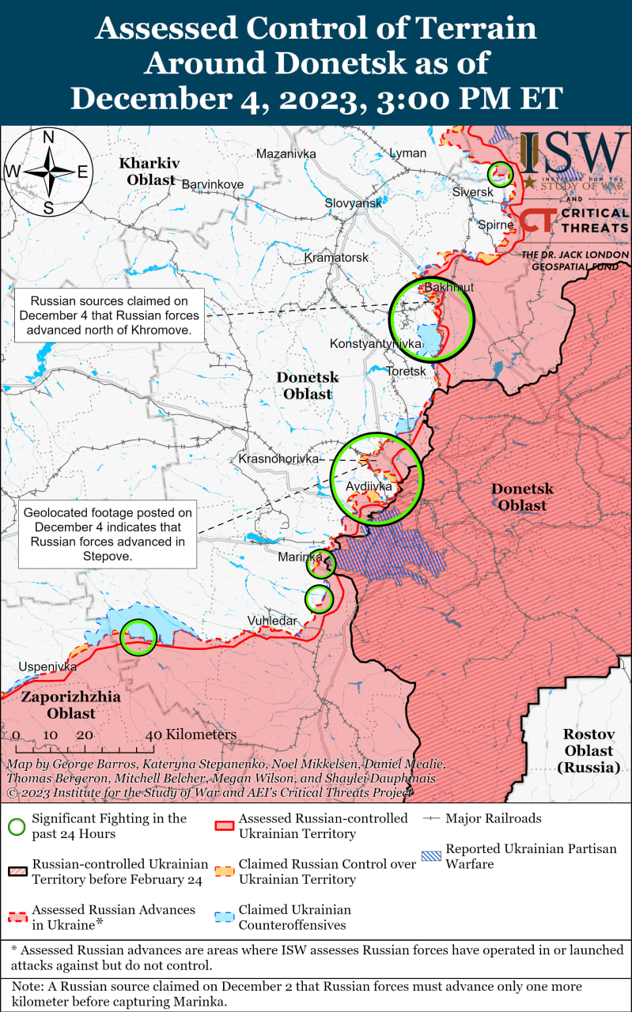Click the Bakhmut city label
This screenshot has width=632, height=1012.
coord(449,287)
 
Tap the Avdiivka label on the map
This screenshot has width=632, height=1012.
coord(369,486)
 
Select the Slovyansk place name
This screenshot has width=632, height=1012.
coord(353,203)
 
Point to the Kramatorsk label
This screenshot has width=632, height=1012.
coord(337,258)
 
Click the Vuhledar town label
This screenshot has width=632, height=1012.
coord(272,621)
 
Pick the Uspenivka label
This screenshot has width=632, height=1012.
coord(47,666)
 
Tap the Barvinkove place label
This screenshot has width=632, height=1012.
coord(213,184)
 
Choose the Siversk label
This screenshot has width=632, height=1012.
coord(473,192)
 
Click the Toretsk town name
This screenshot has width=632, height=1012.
coord(407,371)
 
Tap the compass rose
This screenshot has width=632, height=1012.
coord(48,172)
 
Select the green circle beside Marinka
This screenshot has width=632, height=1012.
coord(321,564)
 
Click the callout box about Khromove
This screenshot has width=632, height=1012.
coord(109,315)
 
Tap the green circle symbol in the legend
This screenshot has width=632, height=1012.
coord(16,826)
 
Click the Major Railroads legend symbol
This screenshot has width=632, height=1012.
coord(431,818)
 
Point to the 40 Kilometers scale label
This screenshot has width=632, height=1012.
coord(191,734)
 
